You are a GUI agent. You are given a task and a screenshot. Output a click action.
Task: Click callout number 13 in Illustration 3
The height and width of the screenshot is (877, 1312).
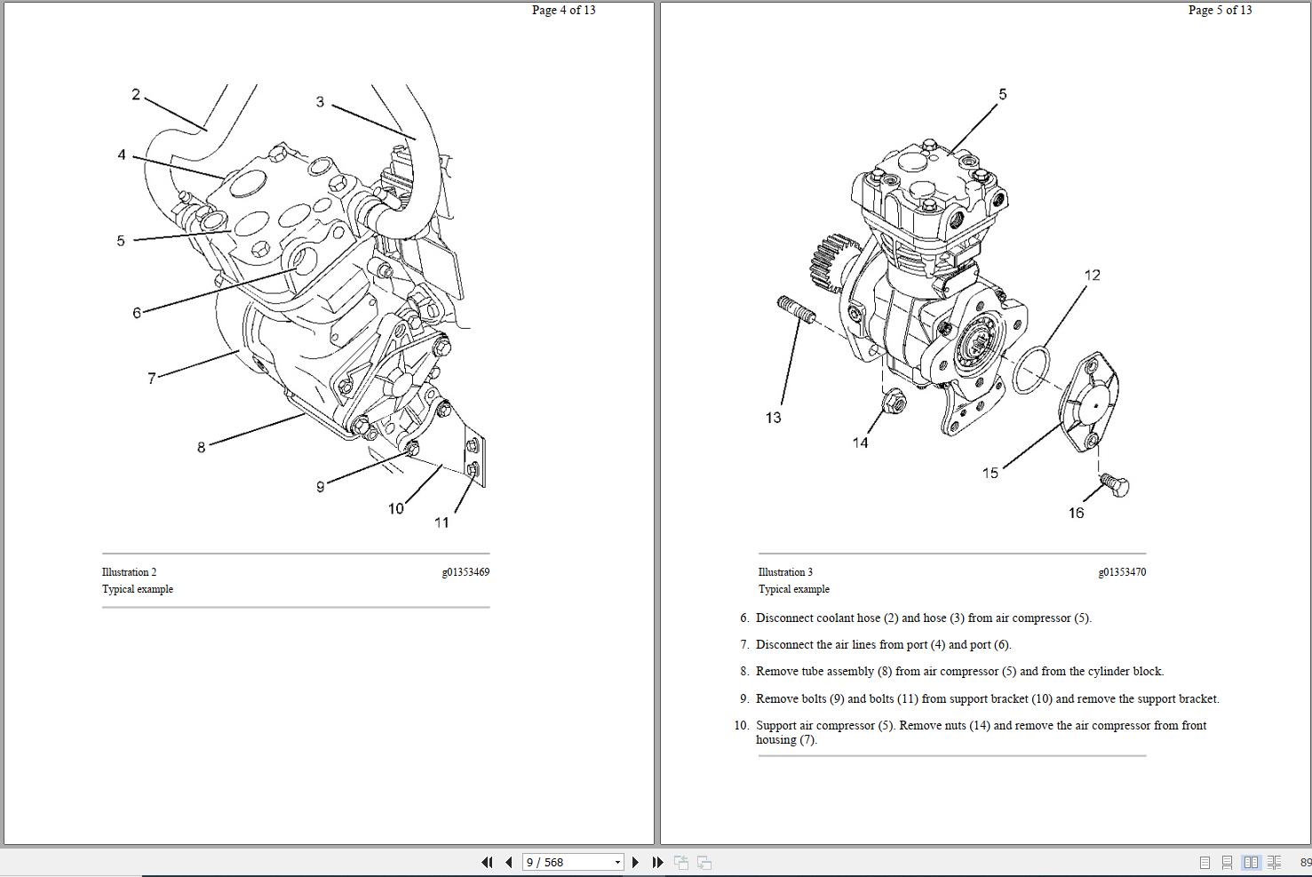(773, 418)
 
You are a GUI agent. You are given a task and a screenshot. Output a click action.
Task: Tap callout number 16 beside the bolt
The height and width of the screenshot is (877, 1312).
(1076, 513)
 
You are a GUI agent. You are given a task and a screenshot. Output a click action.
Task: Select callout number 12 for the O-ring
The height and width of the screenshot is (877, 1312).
(1092, 275)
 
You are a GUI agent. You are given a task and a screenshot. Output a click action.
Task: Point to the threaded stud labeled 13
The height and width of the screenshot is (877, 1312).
(796, 311)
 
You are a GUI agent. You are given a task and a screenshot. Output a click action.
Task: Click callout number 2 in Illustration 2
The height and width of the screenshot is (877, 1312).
(136, 94)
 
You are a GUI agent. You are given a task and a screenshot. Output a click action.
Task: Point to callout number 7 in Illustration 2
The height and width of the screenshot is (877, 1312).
(151, 379)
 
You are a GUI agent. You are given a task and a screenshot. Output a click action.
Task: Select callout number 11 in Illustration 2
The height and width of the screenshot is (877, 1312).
(441, 522)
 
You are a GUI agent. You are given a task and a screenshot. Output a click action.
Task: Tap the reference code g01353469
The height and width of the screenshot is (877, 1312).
(465, 572)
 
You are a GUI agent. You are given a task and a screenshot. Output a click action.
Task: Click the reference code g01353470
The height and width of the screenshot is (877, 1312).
(1122, 572)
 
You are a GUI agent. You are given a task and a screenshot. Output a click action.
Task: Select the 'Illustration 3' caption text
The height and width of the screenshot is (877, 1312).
(785, 572)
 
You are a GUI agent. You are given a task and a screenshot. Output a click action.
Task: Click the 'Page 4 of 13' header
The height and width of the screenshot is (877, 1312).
(563, 11)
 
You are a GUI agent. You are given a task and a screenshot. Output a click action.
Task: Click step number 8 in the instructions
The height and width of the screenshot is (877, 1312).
(743, 672)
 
